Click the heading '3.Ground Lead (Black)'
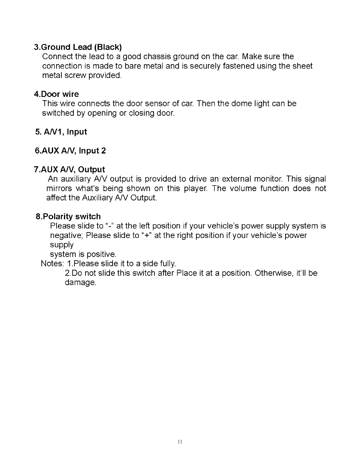pos(78,47)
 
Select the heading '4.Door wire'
pos(57,94)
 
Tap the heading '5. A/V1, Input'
pos(61,132)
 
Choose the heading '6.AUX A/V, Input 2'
pos(70,151)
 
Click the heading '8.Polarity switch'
pos(68,217)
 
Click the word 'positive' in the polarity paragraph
pos(101,255)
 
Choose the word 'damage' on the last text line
pos(80,283)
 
